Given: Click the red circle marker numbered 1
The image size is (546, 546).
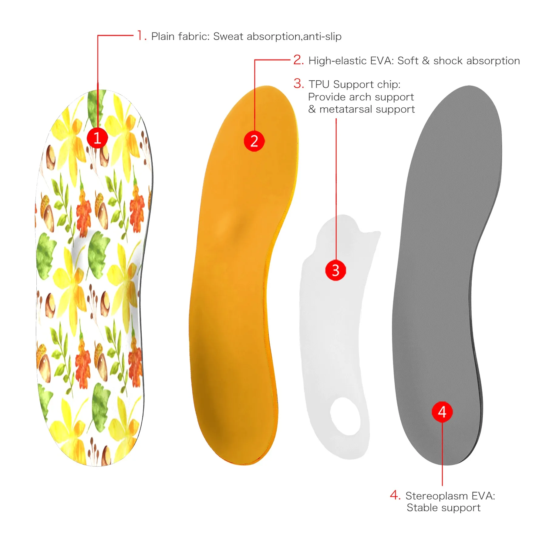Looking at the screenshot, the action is pyautogui.click(x=97, y=138).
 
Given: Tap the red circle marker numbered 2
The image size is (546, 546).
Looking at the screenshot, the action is pyautogui.click(x=254, y=141).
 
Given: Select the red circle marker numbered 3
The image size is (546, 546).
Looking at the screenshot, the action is pyautogui.click(x=335, y=270).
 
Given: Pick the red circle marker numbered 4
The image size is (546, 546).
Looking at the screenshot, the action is pyautogui.click(x=442, y=412).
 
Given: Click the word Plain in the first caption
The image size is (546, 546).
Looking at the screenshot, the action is pyautogui.click(x=163, y=36).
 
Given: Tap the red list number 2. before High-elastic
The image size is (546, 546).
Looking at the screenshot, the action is pyautogui.click(x=298, y=60).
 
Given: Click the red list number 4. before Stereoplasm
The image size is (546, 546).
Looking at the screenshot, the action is pyautogui.click(x=395, y=495).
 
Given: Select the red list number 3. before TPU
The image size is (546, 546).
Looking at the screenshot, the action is pyautogui.click(x=298, y=83).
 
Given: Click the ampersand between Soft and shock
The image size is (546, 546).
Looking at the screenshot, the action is pyautogui.click(x=426, y=61).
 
